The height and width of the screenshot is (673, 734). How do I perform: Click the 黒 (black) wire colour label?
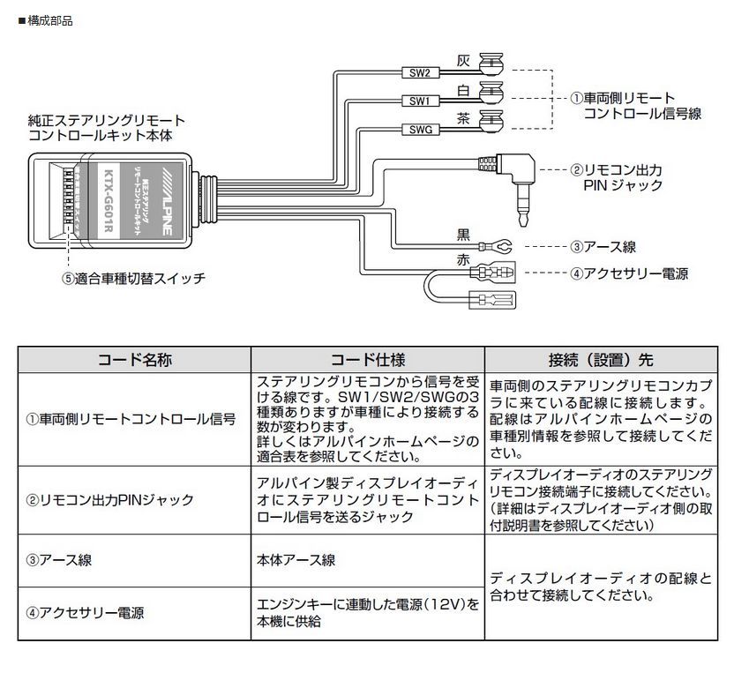[463, 234]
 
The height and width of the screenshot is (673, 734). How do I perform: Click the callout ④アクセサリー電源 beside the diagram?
[628, 273]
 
